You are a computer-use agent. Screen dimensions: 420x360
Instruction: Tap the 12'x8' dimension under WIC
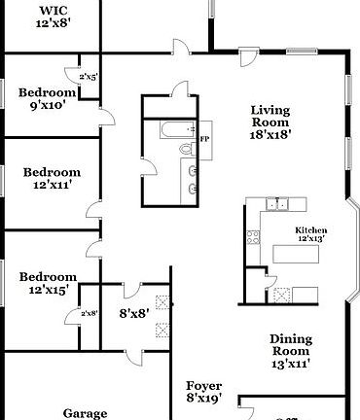tap(54, 23)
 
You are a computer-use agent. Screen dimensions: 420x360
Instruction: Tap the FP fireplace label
tap(205, 140)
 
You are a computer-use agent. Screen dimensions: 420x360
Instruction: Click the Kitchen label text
tap(311, 230)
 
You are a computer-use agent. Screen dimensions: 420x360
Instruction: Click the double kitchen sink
tap(277, 203)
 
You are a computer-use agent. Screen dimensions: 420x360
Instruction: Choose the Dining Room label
tap(291, 345)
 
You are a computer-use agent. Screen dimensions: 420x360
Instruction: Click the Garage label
tap(85, 413)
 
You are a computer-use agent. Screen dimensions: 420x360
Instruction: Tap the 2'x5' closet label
tap(89, 76)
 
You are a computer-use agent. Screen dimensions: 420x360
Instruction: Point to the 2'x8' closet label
tap(89, 313)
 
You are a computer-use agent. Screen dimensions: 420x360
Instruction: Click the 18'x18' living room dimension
tap(270, 137)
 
